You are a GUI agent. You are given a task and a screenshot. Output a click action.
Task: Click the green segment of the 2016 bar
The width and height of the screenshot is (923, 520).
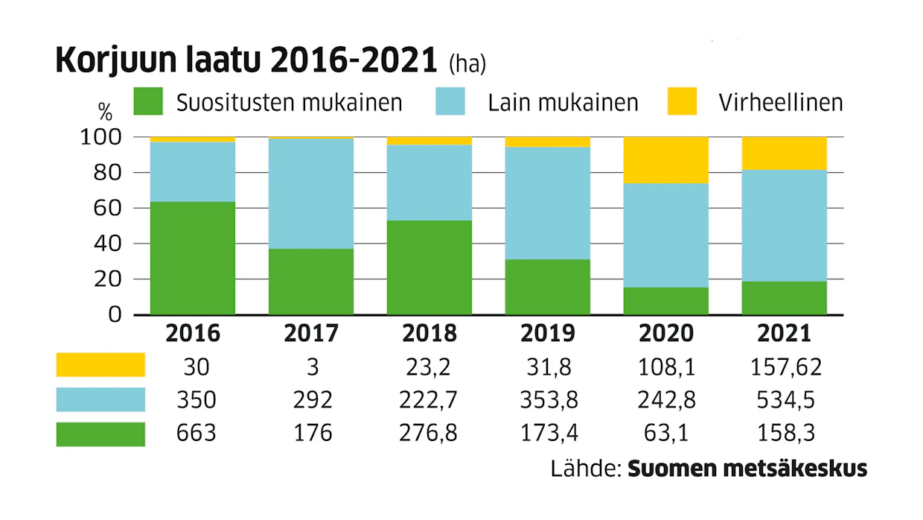193,259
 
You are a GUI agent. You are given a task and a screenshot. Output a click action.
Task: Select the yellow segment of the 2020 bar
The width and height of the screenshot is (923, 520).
666,160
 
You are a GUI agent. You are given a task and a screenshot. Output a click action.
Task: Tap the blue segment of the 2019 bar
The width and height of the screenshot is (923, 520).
548,203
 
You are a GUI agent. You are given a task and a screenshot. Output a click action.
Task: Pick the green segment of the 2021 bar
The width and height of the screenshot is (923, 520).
784,298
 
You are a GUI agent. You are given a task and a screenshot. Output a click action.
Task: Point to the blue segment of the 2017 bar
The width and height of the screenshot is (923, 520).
311,194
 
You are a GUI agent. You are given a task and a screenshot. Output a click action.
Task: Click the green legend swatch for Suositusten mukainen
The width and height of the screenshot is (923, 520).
148,101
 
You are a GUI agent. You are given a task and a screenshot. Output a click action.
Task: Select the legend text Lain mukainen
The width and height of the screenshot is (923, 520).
563,103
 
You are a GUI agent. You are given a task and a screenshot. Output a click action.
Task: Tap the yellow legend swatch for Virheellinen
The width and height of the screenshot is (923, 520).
682,101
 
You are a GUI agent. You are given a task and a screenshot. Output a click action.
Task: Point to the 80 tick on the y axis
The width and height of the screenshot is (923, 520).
107,173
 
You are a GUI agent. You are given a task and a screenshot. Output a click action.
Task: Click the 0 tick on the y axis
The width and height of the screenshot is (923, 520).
115,314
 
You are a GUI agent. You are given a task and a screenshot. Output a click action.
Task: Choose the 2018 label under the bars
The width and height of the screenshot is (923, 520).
429,333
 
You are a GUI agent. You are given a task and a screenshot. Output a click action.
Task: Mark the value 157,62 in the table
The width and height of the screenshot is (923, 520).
786,367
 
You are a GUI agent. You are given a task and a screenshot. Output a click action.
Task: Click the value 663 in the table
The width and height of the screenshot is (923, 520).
197,433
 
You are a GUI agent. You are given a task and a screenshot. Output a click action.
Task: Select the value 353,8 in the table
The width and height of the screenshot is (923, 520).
549,400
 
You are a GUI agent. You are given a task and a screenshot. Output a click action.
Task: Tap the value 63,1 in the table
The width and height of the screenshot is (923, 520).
666,433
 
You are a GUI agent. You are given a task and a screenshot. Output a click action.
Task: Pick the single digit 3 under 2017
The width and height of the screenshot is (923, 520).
313,367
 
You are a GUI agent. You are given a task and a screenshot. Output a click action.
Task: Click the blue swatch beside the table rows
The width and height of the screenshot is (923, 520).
100,399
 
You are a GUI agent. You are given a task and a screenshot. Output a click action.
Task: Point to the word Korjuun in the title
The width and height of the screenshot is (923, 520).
116,60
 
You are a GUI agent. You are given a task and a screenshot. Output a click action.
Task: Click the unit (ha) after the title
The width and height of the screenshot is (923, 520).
467,64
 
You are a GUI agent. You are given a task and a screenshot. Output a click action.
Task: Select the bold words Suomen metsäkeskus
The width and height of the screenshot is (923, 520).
747,469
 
